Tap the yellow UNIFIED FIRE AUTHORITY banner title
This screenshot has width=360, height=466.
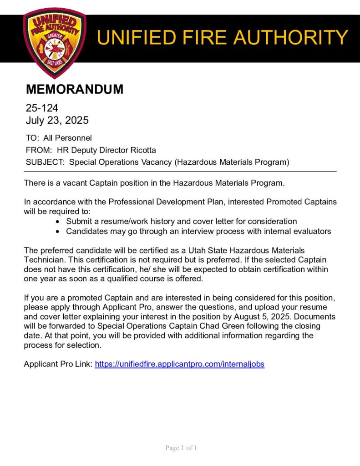tap(223, 37)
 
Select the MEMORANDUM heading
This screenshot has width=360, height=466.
tap(74, 89)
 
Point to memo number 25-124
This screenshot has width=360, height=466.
tap(42, 108)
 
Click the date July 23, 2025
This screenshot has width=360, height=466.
tap(57, 121)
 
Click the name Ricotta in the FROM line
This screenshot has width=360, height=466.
tap(142, 150)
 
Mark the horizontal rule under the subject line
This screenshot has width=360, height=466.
tap(180, 171)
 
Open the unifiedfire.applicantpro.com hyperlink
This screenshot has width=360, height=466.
tap(179, 364)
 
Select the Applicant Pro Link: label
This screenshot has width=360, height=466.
tap(58, 364)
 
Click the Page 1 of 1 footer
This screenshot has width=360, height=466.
tap(181, 448)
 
